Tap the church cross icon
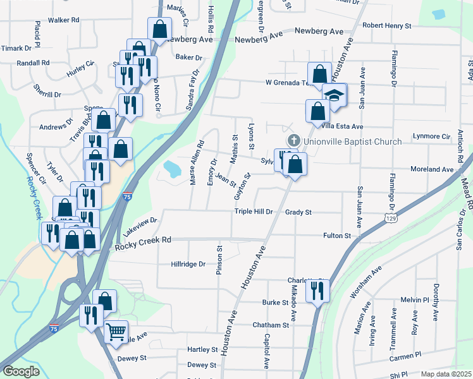(293, 140)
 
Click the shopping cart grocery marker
(116, 331)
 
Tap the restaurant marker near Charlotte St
(317, 290)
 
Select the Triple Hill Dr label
(253, 212)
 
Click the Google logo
(21, 371)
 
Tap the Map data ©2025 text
(446, 374)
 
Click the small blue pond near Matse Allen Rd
(171, 169)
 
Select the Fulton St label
(338, 236)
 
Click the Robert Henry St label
(386, 26)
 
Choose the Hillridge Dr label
(189, 264)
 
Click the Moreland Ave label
(431, 169)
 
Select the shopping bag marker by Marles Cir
(160, 29)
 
